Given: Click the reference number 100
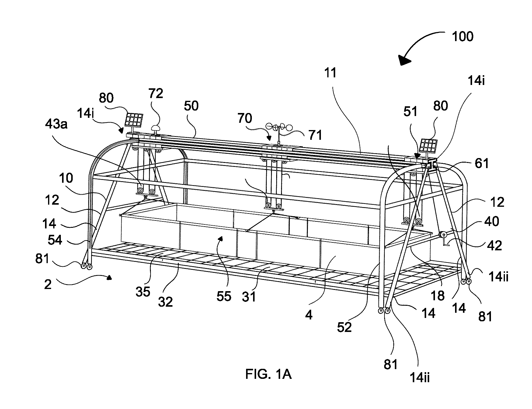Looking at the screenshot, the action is pyautogui.click(x=462, y=37).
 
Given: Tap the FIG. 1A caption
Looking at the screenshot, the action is pyautogui.click(x=268, y=374).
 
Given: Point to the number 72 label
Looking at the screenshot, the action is pyautogui.click(x=156, y=93).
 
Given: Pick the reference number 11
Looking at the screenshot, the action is pyautogui.click(x=331, y=73).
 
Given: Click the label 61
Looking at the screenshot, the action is pyautogui.click(x=481, y=164).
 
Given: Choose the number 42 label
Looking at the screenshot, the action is pyautogui.click(x=494, y=245).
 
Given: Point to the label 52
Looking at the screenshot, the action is pyautogui.click(x=344, y=327).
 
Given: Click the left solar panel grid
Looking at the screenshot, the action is pyautogui.click(x=134, y=120).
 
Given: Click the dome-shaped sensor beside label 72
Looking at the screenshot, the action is pyautogui.click(x=157, y=128).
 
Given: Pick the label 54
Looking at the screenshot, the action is pyautogui.click(x=55, y=240).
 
